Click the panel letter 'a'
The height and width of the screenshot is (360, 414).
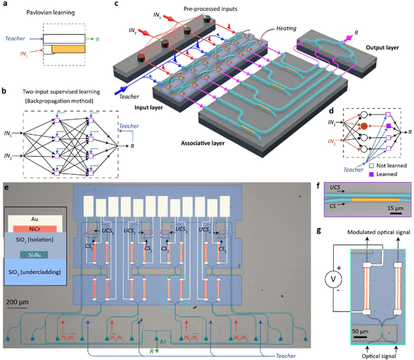5,5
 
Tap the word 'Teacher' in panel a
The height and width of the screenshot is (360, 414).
16,38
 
